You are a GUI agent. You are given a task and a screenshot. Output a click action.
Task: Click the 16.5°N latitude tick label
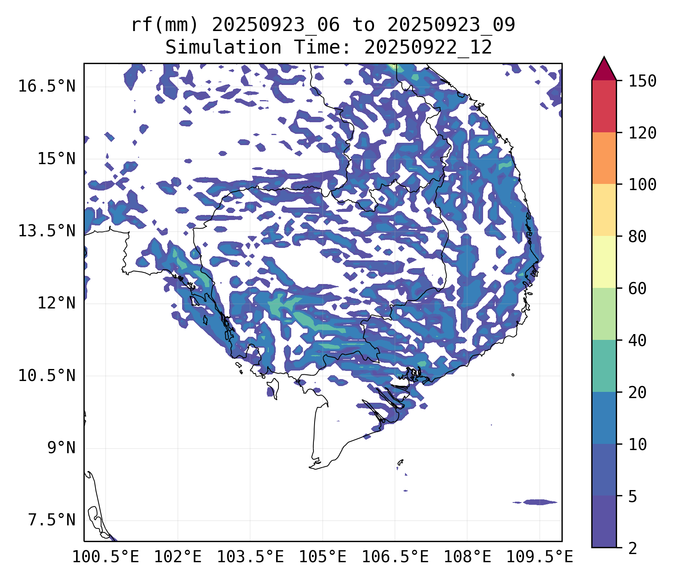point(47,86)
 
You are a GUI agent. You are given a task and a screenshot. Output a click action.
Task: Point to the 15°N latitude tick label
point(56,159)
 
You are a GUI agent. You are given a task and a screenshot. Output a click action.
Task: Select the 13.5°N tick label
point(47,231)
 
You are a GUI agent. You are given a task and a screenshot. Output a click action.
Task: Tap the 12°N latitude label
point(56,303)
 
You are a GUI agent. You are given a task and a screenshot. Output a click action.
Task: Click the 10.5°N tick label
point(47,376)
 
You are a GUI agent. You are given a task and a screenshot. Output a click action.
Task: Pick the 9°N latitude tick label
point(61,448)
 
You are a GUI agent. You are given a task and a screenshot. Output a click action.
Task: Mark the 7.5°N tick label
point(52,520)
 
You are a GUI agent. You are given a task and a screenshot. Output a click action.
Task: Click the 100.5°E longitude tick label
point(106,557)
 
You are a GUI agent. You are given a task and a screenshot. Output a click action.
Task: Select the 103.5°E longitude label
point(250,557)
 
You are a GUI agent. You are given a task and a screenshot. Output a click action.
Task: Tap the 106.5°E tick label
point(395,557)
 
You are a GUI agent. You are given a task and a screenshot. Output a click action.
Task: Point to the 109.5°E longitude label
point(539,557)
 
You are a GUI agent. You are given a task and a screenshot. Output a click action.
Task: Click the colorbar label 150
point(642,81)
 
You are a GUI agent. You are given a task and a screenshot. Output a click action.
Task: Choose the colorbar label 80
point(637,236)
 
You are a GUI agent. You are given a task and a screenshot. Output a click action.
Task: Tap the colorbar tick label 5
point(633,496)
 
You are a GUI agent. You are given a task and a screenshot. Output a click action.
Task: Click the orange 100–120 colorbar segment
point(604,158)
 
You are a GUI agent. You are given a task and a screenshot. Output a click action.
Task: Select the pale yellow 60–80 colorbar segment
point(604,262)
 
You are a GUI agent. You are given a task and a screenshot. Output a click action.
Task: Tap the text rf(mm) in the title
point(165,25)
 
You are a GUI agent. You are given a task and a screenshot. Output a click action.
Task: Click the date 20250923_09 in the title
point(451,25)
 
